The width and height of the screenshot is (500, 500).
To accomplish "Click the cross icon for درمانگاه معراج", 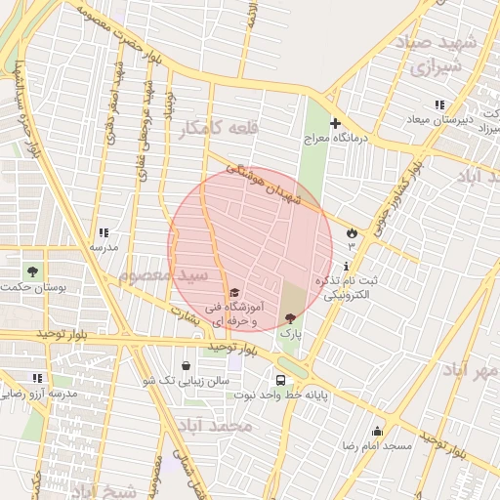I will click(335, 124).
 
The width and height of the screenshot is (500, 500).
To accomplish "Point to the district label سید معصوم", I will click(163, 274).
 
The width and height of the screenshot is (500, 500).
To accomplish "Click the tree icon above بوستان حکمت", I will click(33, 271).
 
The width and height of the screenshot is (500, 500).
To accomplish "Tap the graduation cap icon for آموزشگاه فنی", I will click(233, 292).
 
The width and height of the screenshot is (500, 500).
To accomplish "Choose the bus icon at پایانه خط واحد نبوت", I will click(281, 380).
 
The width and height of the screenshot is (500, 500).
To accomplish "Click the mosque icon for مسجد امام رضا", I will click(377, 431).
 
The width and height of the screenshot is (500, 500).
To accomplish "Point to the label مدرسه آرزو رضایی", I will click(37, 394).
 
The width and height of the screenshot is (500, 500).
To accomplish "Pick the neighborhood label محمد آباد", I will click(216, 427).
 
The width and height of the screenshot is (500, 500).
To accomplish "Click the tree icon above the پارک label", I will click(290, 318).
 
